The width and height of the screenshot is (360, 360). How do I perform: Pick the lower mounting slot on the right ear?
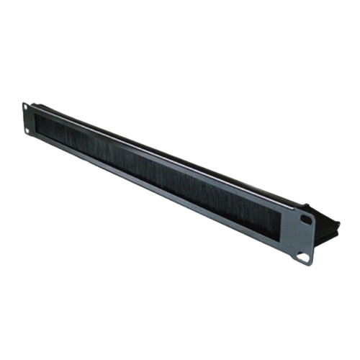309,255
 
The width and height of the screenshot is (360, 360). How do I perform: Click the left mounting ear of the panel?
28,120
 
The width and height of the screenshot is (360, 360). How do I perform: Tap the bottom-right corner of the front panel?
314,264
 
